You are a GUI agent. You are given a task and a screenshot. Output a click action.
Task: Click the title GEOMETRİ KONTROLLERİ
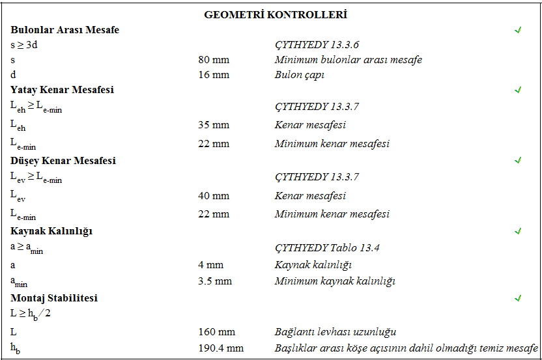[275, 14]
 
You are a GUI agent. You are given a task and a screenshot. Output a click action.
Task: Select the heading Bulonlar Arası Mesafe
[64, 30]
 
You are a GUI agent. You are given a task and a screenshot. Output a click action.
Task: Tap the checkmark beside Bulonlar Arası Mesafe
[517, 31]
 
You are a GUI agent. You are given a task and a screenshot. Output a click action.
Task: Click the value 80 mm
[214, 60]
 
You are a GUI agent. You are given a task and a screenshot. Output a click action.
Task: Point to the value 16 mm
[214, 75]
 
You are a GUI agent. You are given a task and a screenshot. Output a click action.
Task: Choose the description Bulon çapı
[300, 75]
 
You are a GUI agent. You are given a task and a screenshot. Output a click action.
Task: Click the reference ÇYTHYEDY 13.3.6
[317, 45]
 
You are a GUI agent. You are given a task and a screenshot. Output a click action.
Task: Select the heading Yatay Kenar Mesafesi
[62, 90]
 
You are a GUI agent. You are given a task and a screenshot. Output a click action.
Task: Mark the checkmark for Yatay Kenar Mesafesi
[517, 90]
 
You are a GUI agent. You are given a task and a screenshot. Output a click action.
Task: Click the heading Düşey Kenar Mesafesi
[63, 161]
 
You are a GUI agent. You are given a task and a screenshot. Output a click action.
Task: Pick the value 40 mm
[214, 196]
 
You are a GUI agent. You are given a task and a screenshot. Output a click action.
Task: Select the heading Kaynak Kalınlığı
[51, 231]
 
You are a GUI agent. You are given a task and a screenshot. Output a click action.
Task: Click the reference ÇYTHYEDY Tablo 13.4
[327, 247]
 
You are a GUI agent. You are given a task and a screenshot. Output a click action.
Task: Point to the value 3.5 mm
[215, 281]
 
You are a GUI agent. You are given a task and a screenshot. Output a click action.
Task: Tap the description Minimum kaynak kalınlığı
[335, 281]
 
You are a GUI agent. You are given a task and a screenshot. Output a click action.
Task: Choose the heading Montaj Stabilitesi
[54, 298]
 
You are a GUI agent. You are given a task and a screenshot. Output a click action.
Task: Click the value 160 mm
[216, 332]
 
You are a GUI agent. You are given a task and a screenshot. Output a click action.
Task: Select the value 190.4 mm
[221, 348]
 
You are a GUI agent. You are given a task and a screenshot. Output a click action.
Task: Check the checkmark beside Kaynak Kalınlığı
[517, 231]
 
